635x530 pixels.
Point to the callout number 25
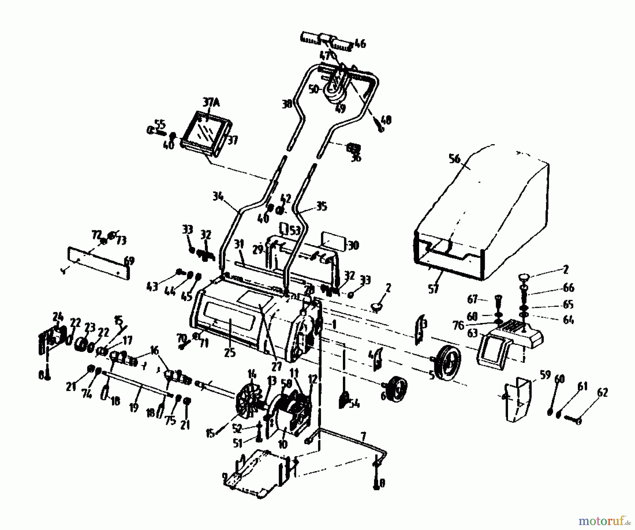[230, 352]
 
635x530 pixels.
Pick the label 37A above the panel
[211, 103]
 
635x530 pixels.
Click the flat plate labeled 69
[99, 263]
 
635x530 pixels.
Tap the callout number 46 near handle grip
[360, 44]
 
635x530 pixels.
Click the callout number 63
[472, 333]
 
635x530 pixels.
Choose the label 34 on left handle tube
[218, 196]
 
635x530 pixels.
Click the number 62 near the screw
[603, 392]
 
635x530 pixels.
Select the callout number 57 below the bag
[433, 289]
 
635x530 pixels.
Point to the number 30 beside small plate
[353, 245]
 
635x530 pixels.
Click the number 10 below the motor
[283, 444]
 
